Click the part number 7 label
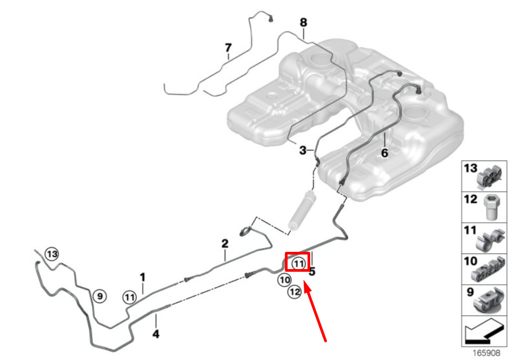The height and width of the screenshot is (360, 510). tap(228, 48)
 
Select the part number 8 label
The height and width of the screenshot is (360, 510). tap(303, 23)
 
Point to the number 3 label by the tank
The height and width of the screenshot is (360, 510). tap(303, 150)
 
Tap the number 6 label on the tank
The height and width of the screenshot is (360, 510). tap(385, 153)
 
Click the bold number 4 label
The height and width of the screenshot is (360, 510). tap(156, 334)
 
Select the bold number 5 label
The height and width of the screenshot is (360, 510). tap(312, 272)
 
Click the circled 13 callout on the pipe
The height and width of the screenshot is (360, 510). tap(52, 253)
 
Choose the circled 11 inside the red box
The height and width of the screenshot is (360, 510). tap(298, 263)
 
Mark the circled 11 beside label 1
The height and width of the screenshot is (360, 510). tap(129, 296)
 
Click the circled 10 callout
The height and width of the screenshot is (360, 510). tap(285, 280)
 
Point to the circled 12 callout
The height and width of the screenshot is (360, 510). tap(294, 292)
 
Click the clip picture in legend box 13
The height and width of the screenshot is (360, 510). tap(491, 176)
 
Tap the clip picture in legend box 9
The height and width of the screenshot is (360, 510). tap(488, 303)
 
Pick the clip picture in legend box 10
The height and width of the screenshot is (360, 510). tap(489, 271)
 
